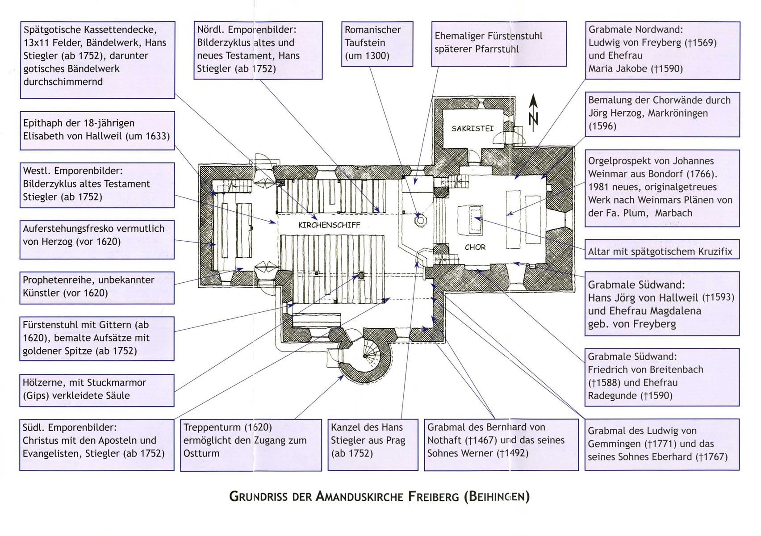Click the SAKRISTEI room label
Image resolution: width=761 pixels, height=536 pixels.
(472, 129)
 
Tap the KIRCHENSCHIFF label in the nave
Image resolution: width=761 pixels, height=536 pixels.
(329, 225)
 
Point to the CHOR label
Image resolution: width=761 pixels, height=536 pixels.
(475, 247)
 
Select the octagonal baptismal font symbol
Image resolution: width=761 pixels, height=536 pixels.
(421, 220)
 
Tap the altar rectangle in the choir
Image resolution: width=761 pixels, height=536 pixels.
(471, 220)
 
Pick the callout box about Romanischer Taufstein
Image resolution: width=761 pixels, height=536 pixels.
(377, 44)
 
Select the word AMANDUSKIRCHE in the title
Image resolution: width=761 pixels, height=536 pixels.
(360, 497)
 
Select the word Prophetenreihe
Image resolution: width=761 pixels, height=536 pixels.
(58, 280)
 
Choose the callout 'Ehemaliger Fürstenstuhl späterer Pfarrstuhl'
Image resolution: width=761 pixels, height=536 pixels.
(499, 44)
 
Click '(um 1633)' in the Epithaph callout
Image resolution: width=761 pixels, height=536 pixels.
(147, 136)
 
